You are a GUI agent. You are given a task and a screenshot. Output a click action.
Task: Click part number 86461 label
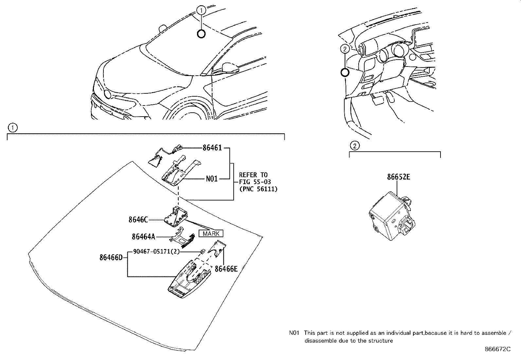click(x=212, y=148)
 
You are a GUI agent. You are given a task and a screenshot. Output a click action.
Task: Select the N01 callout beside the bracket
click(x=212, y=179)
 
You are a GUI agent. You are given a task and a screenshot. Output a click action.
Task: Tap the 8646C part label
click(x=138, y=220)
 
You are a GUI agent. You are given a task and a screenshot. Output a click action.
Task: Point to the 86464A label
click(x=143, y=237)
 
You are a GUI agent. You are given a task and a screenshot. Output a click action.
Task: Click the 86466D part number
click(x=111, y=258)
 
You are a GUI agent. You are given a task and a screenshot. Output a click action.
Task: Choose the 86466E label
click(x=226, y=269)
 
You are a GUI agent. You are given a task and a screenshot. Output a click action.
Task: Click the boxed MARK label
click(x=211, y=234)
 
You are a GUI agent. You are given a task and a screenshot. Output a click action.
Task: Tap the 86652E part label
click(x=398, y=177)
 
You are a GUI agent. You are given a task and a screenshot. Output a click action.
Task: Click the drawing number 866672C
click(x=497, y=349)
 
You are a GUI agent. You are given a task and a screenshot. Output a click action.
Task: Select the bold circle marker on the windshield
click(x=201, y=33)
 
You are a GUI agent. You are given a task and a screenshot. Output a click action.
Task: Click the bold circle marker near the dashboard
click(x=344, y=73)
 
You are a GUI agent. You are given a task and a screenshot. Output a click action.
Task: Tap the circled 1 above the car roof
click(x=202, y=10)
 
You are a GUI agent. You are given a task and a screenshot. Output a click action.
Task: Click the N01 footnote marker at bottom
click(x=294, y=333)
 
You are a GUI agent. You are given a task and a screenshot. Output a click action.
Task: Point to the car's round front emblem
click(x=108, y=94)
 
